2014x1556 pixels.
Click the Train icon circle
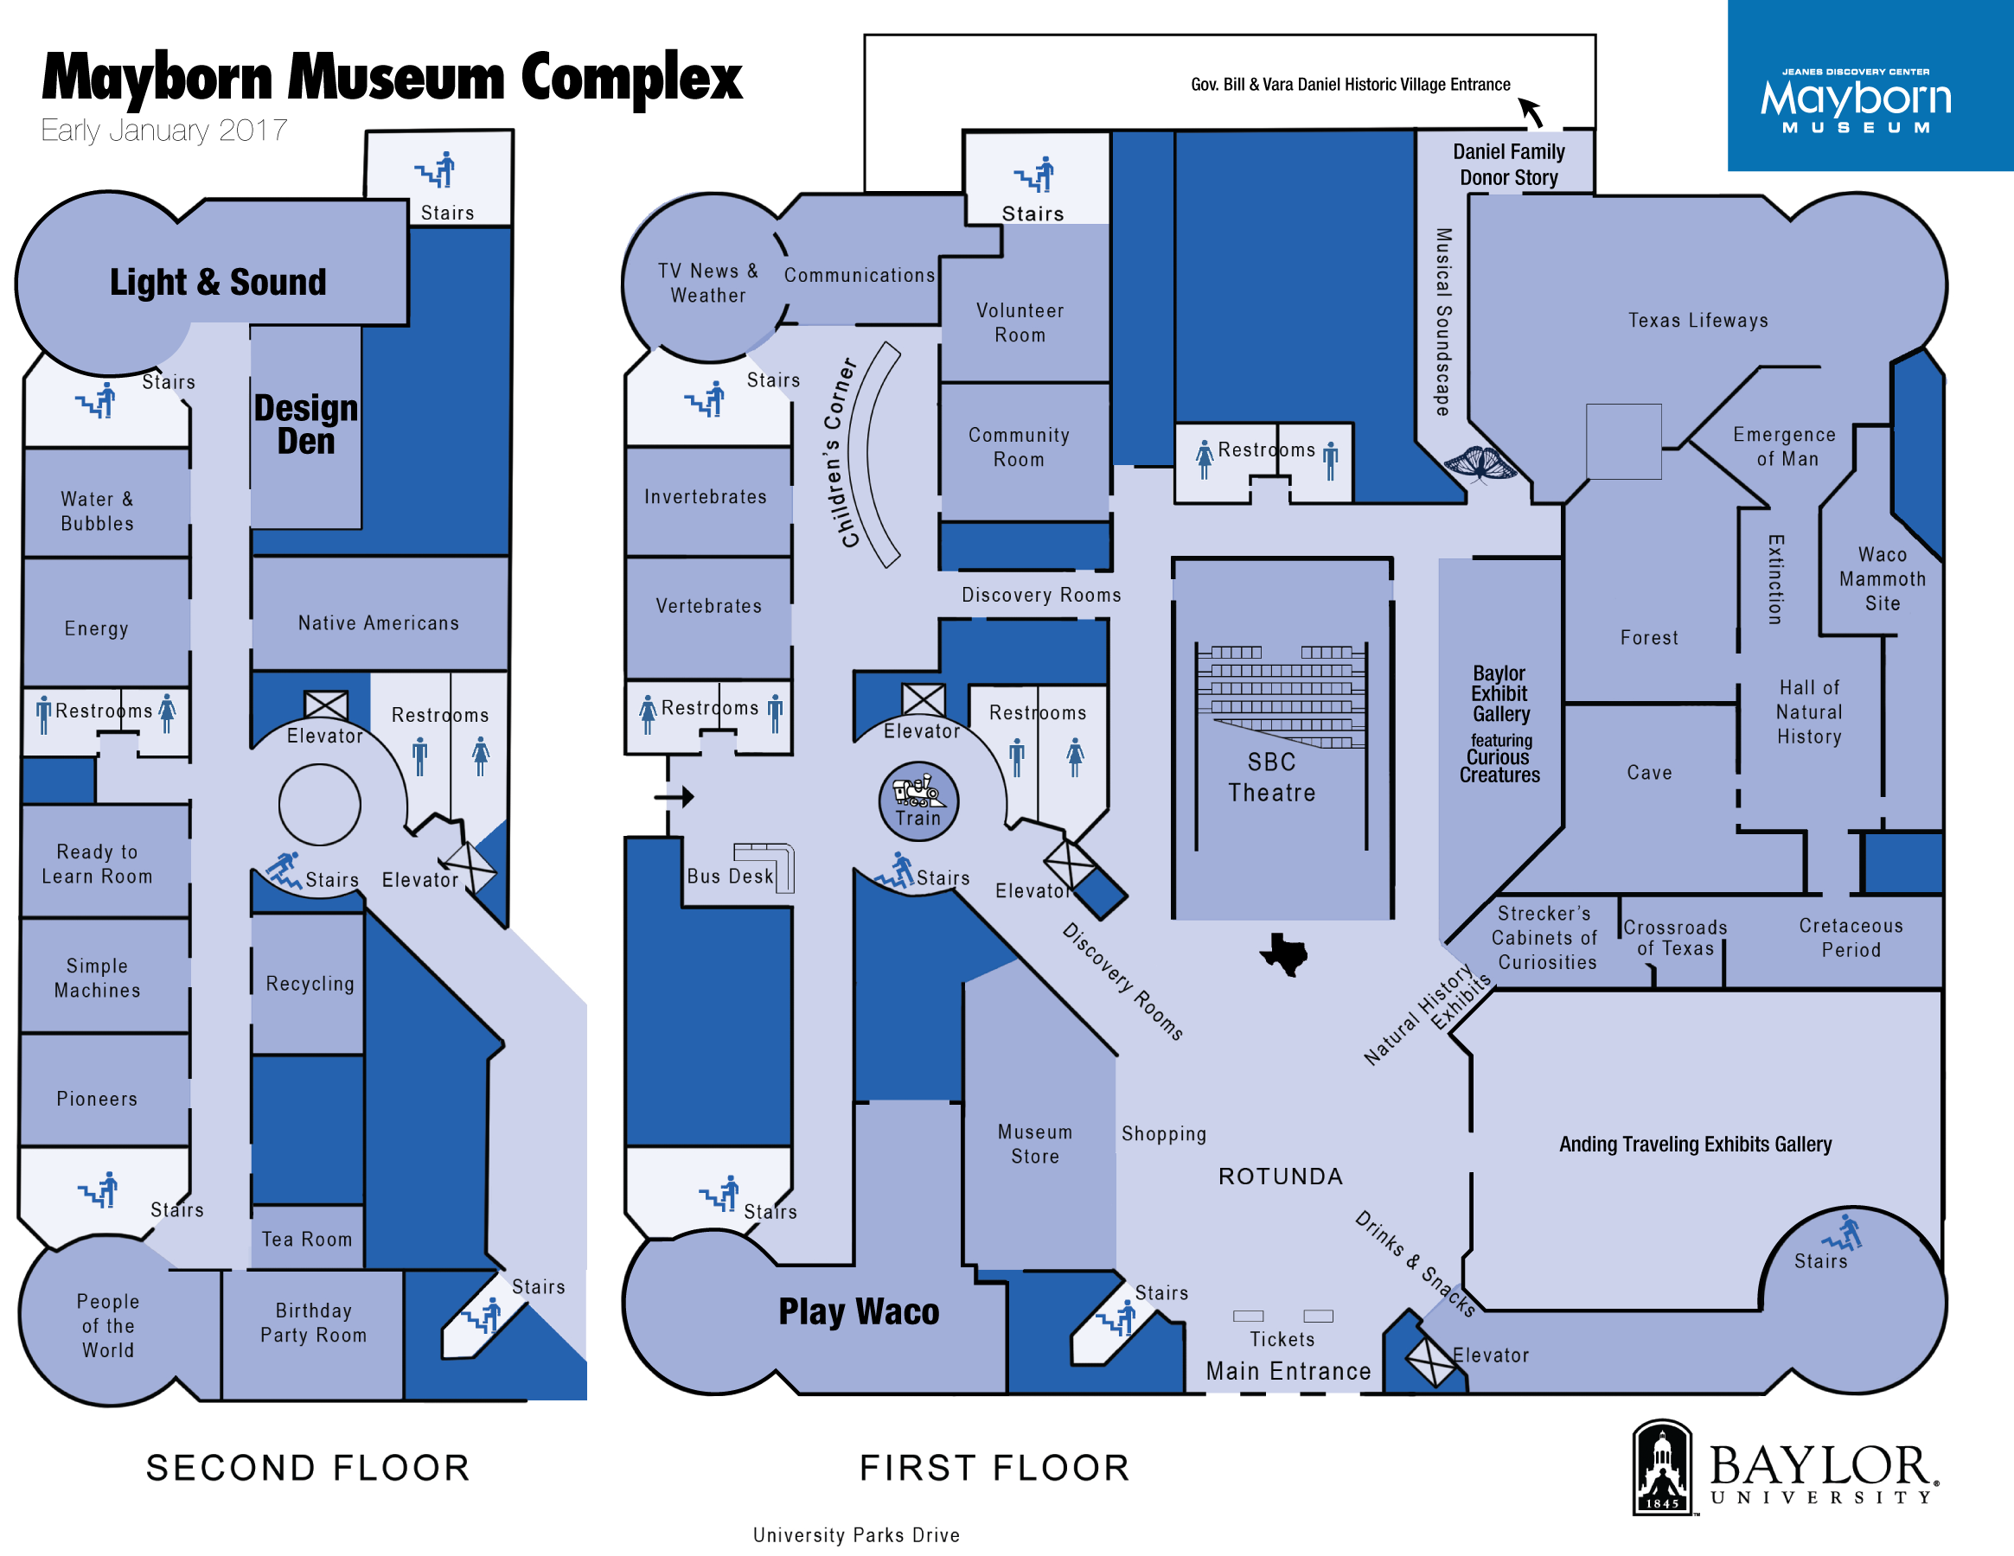coord(918,800)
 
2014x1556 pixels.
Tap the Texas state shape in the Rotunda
coord(1283,953)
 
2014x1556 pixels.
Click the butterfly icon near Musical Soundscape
coord(1480,462)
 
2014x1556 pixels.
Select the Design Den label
coord(305,424)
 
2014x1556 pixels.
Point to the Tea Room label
coord(307,1239)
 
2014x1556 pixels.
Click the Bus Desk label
coord(731,876)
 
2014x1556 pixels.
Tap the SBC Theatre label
coord(1272,777)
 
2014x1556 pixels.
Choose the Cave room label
coord(1649,773)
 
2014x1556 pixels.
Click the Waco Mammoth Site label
coord(1883,579)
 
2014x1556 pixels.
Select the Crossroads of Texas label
coord(1675,937)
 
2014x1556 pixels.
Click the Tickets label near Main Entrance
coord(1282,1338)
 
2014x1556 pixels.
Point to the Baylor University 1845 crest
coord(1663,1468)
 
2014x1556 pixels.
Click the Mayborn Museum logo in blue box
coord(1856,99)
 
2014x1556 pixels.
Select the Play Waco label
coord(859,1310)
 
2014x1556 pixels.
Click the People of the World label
coord(108,1325)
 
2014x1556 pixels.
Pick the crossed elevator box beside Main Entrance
coord(1429,1360)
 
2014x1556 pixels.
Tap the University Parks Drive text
coord(856,1534)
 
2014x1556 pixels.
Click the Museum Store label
coord(1034,1144)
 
